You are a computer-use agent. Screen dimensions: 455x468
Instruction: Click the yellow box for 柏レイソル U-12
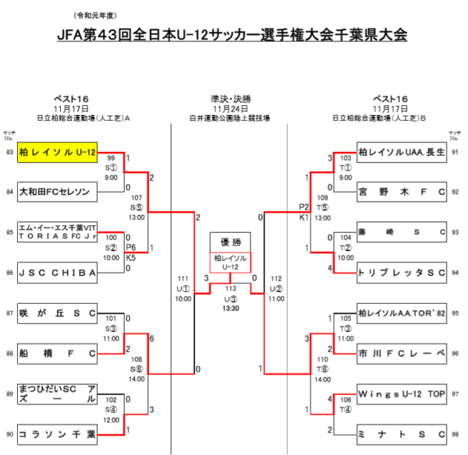point(58,152)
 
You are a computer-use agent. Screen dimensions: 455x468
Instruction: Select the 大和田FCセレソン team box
point(58,191)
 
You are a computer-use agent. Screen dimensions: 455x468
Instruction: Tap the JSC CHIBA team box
point(58,273)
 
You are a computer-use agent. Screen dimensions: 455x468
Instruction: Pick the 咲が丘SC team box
point(58,313)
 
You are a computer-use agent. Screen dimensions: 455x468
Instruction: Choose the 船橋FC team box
point(58,354)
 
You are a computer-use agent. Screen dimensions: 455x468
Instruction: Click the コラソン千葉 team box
point(58,434)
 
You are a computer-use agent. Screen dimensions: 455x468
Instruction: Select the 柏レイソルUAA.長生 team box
point(401,152)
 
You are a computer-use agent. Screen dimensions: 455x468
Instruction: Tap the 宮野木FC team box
point(401,191)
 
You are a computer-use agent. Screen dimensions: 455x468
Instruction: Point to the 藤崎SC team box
point(401,232)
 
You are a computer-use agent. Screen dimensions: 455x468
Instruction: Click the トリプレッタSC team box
point(401,273)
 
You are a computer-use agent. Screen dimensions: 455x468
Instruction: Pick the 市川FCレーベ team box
point(401,354)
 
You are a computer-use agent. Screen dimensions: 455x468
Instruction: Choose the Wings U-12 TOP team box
point(401,393)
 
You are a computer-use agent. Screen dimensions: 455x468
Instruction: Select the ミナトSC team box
point(401,434)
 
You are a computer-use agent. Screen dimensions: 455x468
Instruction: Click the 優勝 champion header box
point(230,242)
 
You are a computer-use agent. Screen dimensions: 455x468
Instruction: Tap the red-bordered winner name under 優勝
point(230,262)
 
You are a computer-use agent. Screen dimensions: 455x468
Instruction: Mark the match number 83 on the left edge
point(9,152)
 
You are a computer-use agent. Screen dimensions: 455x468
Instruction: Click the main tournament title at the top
point(233,36)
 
